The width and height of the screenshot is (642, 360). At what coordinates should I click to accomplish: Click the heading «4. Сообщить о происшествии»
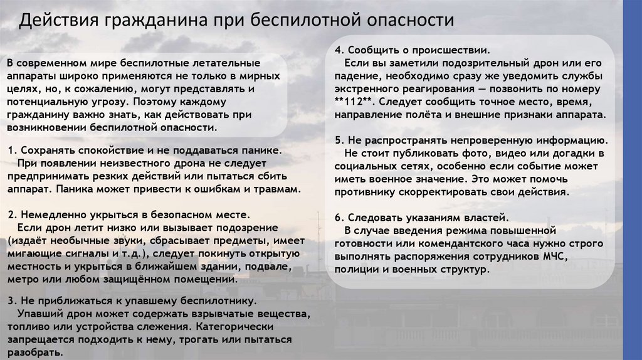click(x=412, y=50)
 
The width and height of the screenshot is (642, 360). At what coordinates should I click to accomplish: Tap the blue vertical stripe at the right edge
click(x=633, y=180)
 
